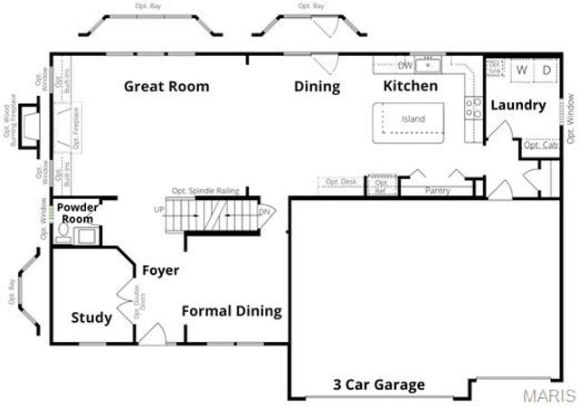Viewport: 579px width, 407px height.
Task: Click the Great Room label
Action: (x=166, y=87)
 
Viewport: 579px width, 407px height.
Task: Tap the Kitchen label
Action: (x=411, y=86)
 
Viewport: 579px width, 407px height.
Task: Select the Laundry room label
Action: (x=518, y=106)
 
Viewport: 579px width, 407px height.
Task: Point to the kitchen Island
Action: (x=413, y=118)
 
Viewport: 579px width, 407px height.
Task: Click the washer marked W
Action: (x=522, y=70)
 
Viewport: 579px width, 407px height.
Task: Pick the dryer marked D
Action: (x=546, y=70)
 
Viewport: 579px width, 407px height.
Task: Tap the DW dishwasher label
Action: (x=406, y=65)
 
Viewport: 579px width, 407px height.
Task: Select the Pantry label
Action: (x=438, y=191)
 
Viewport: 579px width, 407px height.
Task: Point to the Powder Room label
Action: (x=77, y=213)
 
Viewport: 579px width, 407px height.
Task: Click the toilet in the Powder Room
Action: (x=63, y=234)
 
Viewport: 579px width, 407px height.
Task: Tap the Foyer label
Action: (x=160, y=270)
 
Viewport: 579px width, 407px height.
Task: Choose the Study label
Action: (x=91, y=317)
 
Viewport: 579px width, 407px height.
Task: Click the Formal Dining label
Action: (x=232, y=311)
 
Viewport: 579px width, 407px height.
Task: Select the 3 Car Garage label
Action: (x=379, y=384)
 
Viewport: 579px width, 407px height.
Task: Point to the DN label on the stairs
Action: (x=264, y=212)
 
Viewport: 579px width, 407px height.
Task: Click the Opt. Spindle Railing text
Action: (x=204, y=191)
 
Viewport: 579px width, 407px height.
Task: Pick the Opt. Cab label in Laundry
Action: (x=540, y=145)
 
